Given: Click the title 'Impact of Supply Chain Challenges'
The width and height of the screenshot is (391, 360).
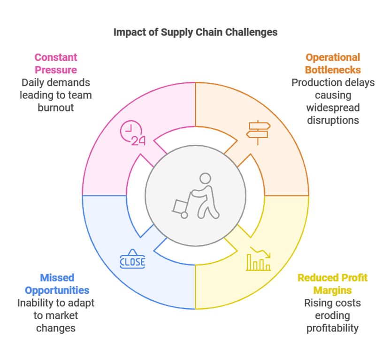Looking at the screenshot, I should (195, 32).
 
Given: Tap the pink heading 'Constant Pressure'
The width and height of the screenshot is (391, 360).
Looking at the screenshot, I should (55, 63).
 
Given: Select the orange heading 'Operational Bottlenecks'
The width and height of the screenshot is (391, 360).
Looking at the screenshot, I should (333, 63).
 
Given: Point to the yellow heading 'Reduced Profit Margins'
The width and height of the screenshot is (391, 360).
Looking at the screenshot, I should (332, 284).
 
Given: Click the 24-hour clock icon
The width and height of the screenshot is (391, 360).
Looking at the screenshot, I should (132, 133).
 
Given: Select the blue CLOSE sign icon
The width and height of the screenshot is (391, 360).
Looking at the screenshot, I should (133, 260).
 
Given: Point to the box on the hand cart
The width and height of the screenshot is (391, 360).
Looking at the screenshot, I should (180, 205).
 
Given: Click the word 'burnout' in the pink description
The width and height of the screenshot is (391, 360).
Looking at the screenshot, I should (55, 107).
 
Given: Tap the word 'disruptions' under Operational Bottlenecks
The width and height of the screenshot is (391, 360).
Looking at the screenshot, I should (333, 120).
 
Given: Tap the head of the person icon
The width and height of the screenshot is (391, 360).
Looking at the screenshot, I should (205, 179).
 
